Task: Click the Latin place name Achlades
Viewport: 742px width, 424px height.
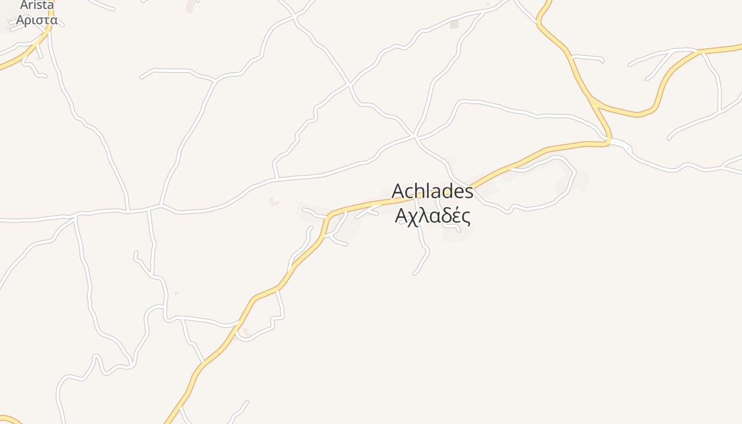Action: (432, 192)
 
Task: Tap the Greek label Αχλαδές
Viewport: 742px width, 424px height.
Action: (432, 216)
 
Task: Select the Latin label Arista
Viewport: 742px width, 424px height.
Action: (37, 5)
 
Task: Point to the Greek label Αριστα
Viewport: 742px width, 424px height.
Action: (37, 20)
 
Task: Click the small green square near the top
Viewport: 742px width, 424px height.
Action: (454, 24)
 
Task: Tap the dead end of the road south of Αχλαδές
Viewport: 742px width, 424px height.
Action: (414, 273)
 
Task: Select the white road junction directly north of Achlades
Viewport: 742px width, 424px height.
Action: (415, 137)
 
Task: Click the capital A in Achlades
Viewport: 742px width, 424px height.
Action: (398, 192)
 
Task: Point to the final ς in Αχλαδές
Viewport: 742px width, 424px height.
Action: (465, 217)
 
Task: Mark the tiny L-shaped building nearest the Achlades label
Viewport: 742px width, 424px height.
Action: (273, 202)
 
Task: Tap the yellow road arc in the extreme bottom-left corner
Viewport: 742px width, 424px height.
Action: (12, 420)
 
